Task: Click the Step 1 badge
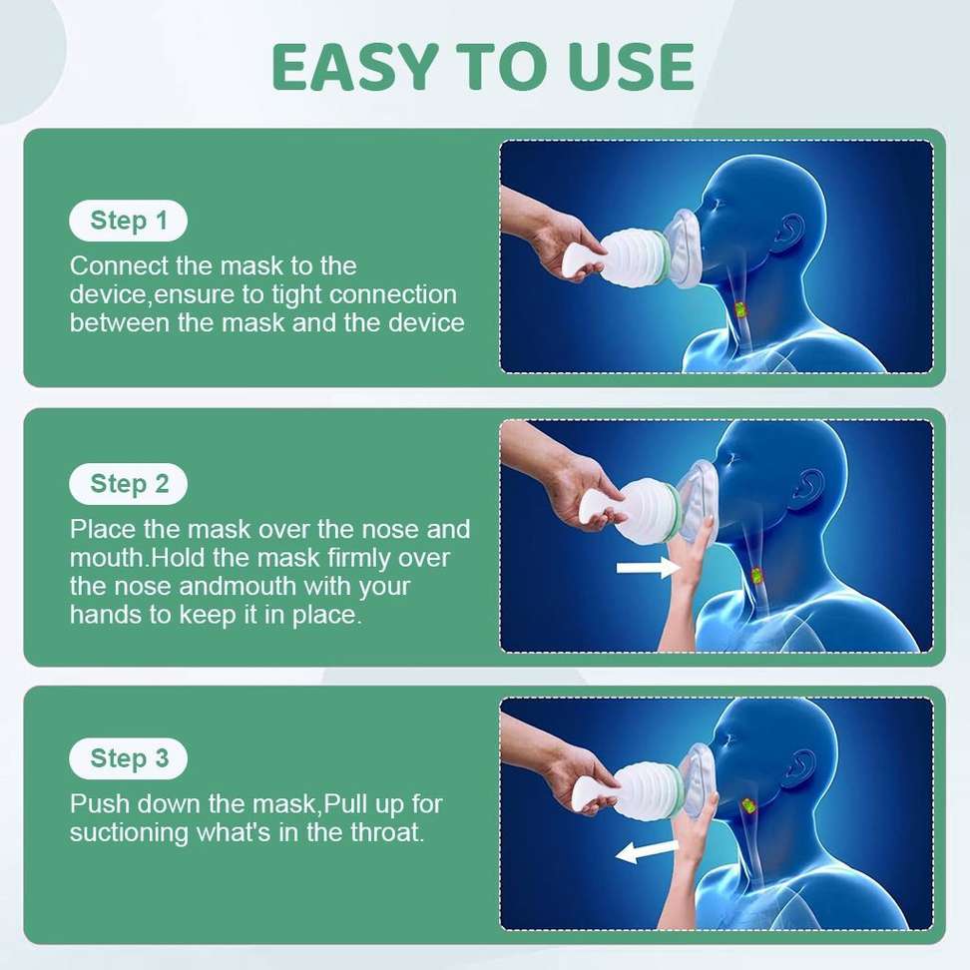128,221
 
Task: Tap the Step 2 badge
128,484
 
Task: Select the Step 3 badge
128,758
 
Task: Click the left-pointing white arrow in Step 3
647,850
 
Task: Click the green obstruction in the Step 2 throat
756,576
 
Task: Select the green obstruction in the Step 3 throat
747,804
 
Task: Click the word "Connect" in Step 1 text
108,266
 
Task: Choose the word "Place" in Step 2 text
98,529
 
